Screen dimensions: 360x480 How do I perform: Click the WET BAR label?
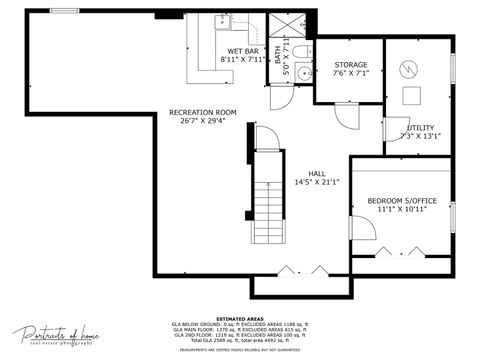[242, 50]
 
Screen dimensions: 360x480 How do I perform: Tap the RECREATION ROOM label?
[202, 112]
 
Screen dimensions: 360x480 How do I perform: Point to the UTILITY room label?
[419, 127]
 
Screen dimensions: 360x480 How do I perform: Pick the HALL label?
[317, 173]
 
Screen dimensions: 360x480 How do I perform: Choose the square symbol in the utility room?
[412, 96]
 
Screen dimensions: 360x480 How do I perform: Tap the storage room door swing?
[346, 115]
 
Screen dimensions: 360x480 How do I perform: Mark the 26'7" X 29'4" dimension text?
[202, 122]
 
